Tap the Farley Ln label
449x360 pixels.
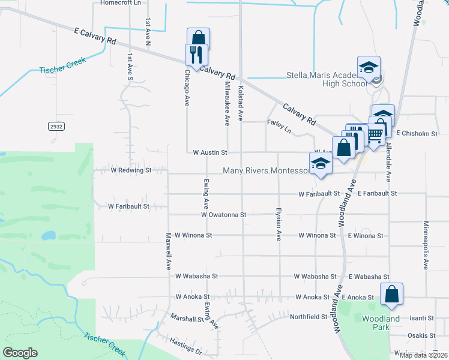(279, 127)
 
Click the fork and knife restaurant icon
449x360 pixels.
(196, 55)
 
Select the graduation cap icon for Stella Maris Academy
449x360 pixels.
(369, 67)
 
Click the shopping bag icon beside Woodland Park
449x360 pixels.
(391, 294)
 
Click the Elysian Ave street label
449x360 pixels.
(279, 224)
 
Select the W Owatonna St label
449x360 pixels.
(223, 214)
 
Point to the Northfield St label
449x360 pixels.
(308, 316)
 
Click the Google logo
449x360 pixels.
(21, 353)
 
